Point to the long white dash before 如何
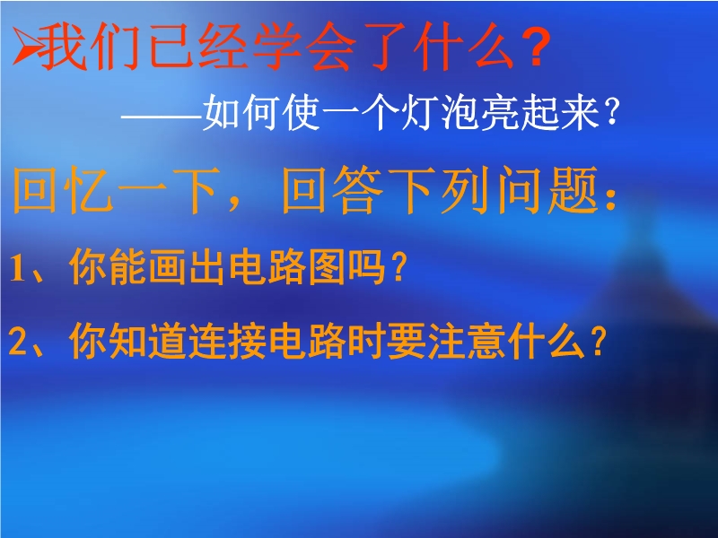click(x=162, y=117)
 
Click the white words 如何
click(x=241, y=113)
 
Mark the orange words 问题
click(x=548, y=190)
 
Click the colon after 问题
click(x=610, y=198)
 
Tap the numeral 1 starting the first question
click(x=16, y=268)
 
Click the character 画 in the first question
click(x=167, y=267)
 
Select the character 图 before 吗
click(x=327, y=267)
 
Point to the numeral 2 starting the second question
click(x=17, y=343)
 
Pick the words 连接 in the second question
click(x=228, y=342)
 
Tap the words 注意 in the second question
click(x=466, y=342)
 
